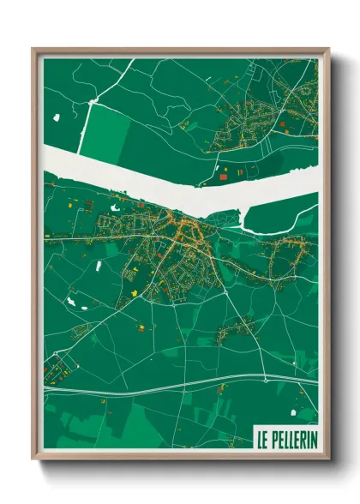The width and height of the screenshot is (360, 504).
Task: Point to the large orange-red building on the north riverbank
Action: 225,176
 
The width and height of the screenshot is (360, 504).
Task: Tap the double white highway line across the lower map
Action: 171,383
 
